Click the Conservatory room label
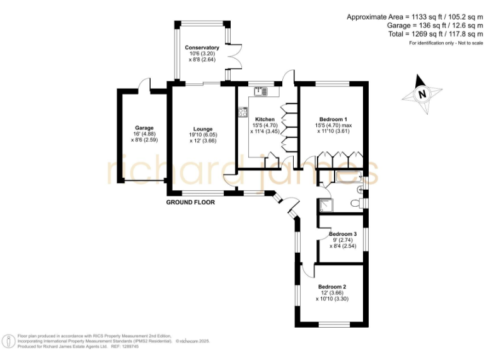click(x=202, y=48)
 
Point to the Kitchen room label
click(x=264, y=119)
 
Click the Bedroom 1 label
click(x=333, y=119)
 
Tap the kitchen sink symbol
click(x=261, y=92)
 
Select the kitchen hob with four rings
click(x=243, y=113)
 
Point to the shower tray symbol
click(x=325, y=205)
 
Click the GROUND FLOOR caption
click(x=190, y=203)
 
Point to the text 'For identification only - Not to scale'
click(x=445, y=43)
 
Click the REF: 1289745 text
click(x=125, y=346)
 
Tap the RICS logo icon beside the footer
click(x=9, y=341)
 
